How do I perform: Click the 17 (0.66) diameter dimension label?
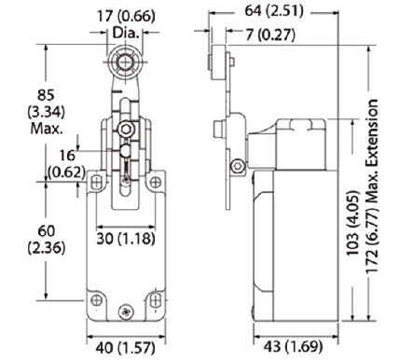click(x=126, y=16)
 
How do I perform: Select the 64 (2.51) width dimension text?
click(x=274, y=11)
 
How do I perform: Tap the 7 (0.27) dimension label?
click(x=270, y=35)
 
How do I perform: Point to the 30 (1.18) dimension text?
click(x=126, y=239)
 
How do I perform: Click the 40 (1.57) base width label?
click(x=125, y=348)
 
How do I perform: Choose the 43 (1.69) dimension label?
click(x=294, y=346)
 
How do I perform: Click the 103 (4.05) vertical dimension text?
click(x=353, y=223)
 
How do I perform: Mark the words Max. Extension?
click(x=372, y=150)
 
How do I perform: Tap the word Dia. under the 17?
click(x=126, y=33)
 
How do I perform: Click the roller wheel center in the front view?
click(x=125, y=62)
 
